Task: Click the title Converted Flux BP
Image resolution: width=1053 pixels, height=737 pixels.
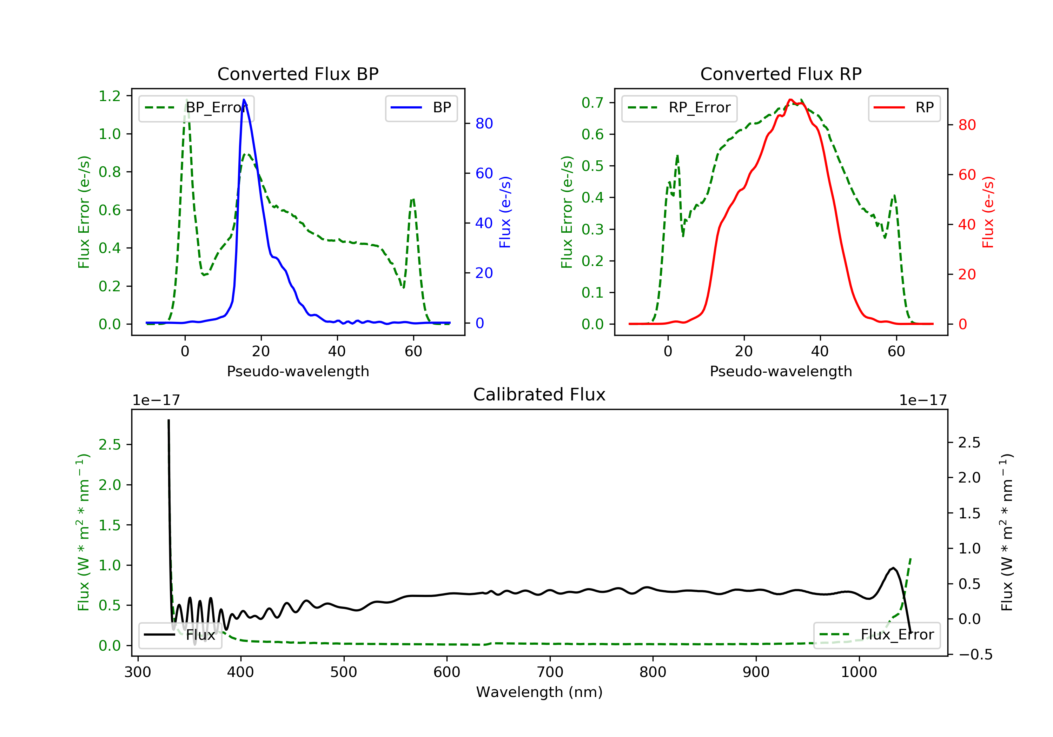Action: pyautogui.click(x=298, y=74)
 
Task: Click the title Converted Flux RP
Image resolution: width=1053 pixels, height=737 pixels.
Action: pyautogui.click(x=781, y=74)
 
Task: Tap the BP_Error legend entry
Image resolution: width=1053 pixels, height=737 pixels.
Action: pyautogui.click(x=196, y=108)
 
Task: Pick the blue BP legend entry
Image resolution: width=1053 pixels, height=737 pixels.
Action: pyautogui.click(x=421, y=108)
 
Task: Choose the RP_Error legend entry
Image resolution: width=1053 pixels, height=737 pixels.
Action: pyautogui.click(x=679, y=108)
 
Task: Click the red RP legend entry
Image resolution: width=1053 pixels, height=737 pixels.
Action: pyautogui.click(x=904, y=108)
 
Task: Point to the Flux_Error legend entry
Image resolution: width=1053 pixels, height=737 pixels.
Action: pyautogui.click(x=876, y=635)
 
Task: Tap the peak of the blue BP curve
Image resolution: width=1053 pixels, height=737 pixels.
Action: pyautogui.click(x=244, y=100)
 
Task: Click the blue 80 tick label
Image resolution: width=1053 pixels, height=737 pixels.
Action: pyautogui.click(x=484, y=124)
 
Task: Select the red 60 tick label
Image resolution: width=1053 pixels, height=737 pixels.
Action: pyautogui.click(x=967, y=175)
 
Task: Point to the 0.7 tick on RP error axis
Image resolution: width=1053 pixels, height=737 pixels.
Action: pyautogui.click(x=592, y=103)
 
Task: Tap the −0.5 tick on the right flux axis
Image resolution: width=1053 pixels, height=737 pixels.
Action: pyautogui.click(x=975, y=655)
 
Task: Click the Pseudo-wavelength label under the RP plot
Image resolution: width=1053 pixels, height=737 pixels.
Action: pyautogui.click(x=781, y=371)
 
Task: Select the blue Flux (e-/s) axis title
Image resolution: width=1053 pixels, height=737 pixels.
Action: pyautogui.click(x=505, y=212)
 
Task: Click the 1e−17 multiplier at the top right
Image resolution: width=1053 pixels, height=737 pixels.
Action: pyautogui.click(x=923, y=400)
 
